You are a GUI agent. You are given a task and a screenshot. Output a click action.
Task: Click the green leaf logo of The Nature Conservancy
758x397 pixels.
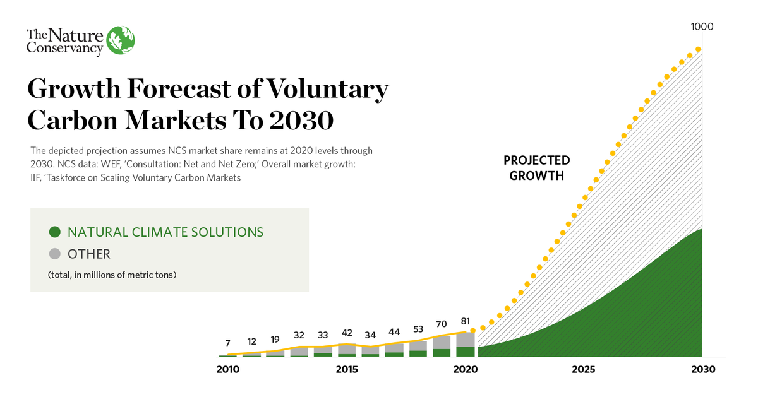121,41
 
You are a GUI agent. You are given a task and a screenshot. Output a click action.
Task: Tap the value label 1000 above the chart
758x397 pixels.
702,27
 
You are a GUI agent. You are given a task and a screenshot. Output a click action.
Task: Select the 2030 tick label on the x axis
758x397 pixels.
702,370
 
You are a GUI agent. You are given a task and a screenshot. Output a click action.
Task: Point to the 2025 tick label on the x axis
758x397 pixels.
584,370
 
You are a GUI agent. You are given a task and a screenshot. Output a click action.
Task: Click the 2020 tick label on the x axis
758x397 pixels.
466,370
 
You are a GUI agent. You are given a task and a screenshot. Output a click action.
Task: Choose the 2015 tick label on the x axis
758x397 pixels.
346,370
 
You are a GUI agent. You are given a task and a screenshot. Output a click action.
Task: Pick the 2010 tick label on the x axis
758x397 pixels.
228,370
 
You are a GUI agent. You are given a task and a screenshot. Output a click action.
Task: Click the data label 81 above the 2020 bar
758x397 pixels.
466,321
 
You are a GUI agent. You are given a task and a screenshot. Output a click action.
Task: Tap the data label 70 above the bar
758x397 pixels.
442,324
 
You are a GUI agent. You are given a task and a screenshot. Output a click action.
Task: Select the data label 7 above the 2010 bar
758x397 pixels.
228,343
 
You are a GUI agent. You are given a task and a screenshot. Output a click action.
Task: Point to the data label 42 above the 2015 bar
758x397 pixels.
346,333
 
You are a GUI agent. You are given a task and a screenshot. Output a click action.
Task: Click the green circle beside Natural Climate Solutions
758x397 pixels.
55,232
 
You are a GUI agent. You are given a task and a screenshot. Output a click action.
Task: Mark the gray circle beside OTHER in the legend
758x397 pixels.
55,254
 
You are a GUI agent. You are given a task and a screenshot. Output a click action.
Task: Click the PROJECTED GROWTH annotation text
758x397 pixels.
536,168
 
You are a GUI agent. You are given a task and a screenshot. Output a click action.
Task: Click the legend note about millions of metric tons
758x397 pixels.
112,275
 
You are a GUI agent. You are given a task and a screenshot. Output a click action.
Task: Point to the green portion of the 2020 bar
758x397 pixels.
466,352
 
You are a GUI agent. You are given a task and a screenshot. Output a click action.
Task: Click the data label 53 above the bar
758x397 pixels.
418,329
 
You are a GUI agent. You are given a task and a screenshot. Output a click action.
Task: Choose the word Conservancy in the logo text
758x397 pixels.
64,47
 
